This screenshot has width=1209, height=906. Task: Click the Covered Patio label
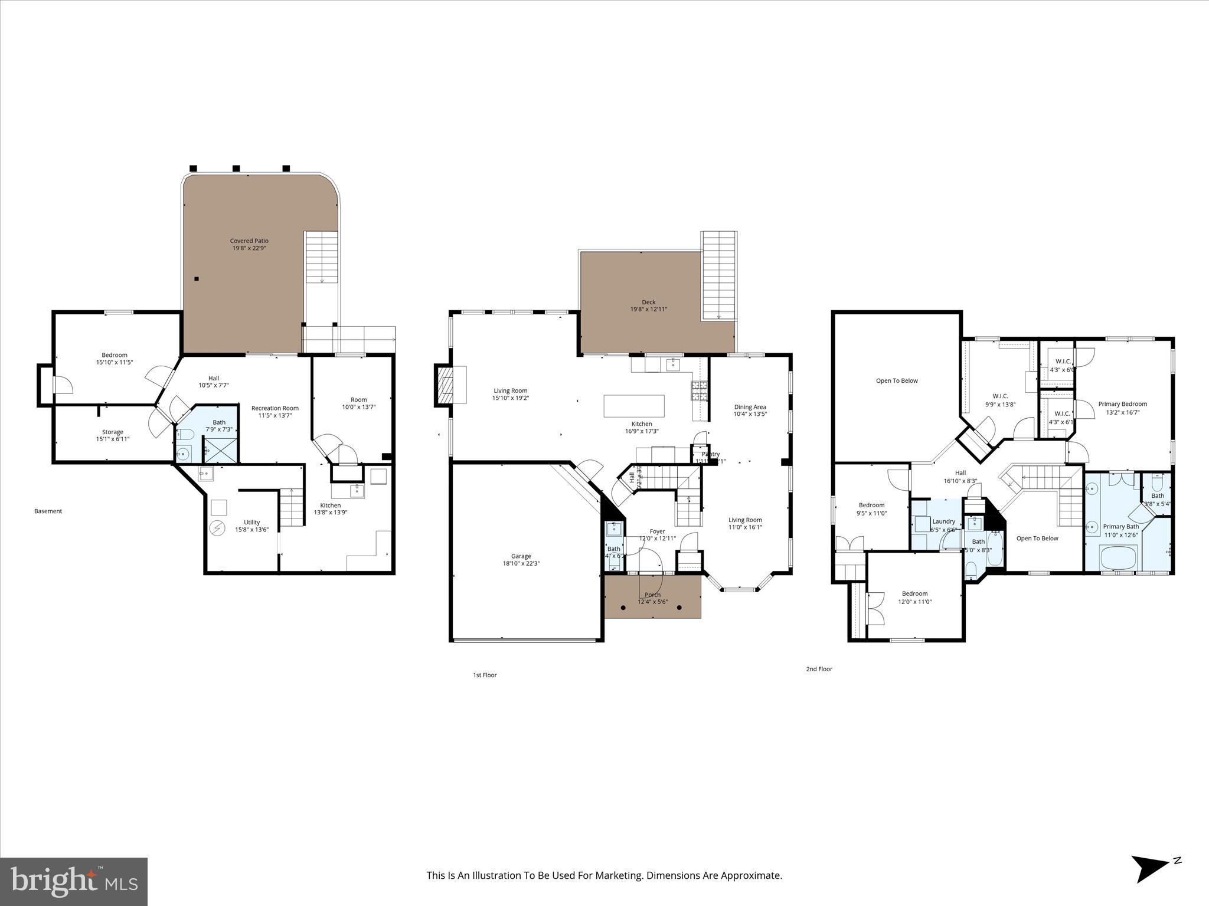point(249,241)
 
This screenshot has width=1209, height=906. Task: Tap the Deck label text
point(649,302)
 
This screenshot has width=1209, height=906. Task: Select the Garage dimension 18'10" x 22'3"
point(521,563)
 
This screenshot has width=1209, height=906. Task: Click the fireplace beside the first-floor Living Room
point(443,385)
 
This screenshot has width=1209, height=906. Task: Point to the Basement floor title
point(48,511)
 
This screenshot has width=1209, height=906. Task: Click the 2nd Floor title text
point(819,669)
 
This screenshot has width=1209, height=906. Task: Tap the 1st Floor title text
point(485,675)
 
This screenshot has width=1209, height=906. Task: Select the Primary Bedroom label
point(1122,404)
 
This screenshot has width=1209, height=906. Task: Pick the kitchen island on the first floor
point(633,406)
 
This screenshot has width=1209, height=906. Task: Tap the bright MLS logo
point(74,881)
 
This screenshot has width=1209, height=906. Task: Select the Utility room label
point(251,522)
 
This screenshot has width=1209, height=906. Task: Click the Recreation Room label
point(275,408)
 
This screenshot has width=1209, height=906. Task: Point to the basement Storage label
point(112,432)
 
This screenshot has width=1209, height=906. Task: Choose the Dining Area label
point(750,407)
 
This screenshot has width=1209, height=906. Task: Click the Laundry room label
point(943,521)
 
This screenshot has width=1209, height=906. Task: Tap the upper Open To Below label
point(896,380)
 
